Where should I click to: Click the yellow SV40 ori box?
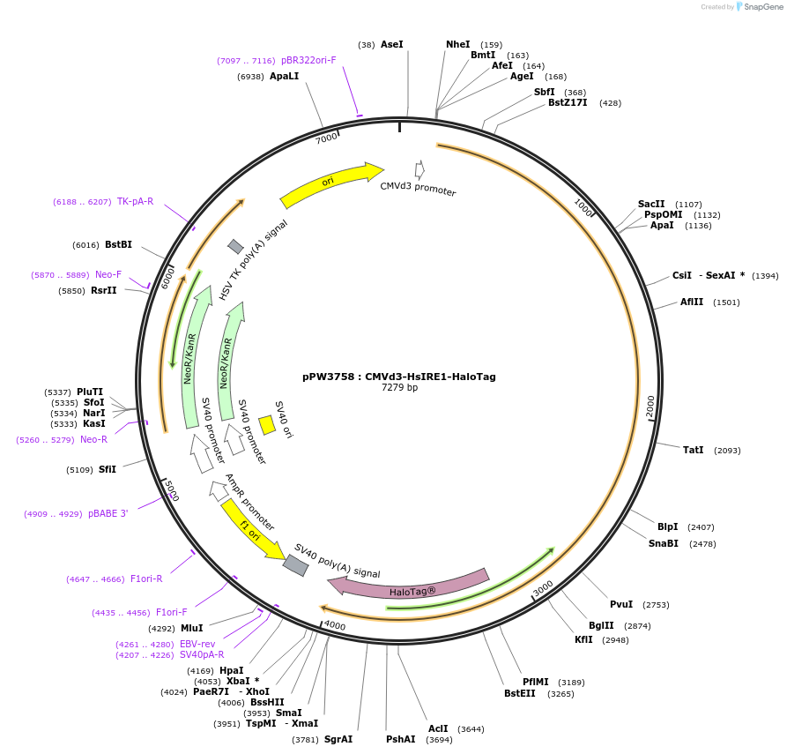point(266,425)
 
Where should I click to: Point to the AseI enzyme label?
point(392,44)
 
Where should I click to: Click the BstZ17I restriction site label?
point(568,102)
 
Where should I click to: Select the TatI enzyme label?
point(694,450)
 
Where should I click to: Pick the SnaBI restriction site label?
point(664,543)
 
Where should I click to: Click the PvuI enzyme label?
point(621,604)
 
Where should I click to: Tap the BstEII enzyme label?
point(520,694)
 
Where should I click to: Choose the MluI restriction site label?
point(192,628)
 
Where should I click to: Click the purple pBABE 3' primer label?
point(108,513)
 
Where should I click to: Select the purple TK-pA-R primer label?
point(135,201)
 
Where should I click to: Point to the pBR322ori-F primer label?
point(308,60)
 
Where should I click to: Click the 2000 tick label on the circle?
point(650,406)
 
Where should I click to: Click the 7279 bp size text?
point(399,388)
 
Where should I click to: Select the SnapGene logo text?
point(763,6)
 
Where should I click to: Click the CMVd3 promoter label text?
point(418,189)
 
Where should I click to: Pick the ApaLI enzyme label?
point(284,77)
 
